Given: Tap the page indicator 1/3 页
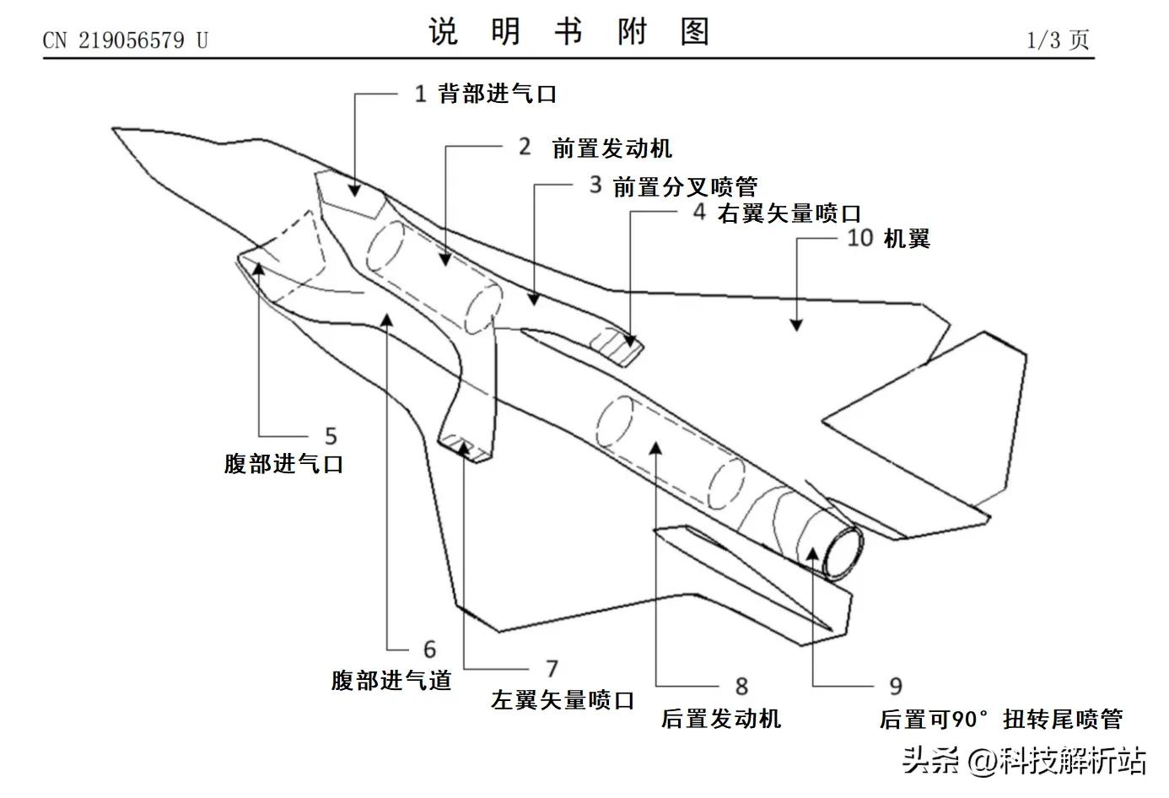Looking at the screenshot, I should [1058, 40].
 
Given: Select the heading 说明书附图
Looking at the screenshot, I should [568, 32].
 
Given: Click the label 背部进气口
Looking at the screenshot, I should [497, 94].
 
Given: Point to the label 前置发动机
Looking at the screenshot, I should [611, 148].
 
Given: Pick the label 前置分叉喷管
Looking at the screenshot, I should [684, 186].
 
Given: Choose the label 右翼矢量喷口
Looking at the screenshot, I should [789, 213].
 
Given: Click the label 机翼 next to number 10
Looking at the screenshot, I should [906, 239].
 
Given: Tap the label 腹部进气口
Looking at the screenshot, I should [283, 463].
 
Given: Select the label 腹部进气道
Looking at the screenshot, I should [391, 680].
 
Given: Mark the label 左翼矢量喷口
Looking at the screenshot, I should [563, 699].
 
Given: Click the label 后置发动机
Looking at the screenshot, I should [721, 719].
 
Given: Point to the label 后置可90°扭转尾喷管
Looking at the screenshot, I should [1001, 720].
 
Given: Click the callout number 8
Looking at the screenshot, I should [741, 687].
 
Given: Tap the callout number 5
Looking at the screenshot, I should [331, 436].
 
